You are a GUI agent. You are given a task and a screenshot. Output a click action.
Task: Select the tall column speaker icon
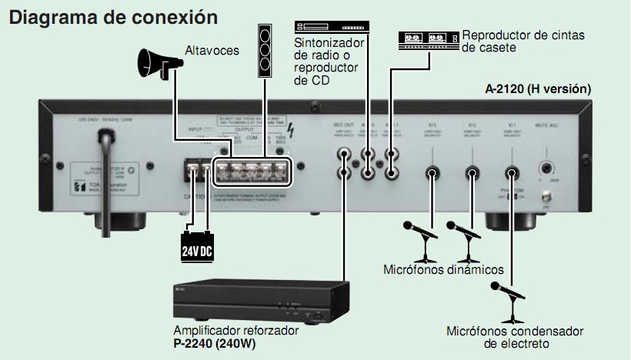tap(265, 50)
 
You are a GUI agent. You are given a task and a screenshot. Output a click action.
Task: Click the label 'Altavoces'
tap(212, 52)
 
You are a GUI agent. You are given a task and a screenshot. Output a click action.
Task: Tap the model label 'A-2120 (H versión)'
tap(538, 89)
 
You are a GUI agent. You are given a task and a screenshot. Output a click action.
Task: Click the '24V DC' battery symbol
tap(197, 249)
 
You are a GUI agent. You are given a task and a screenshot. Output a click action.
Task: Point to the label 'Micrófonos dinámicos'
tap(443, 270)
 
